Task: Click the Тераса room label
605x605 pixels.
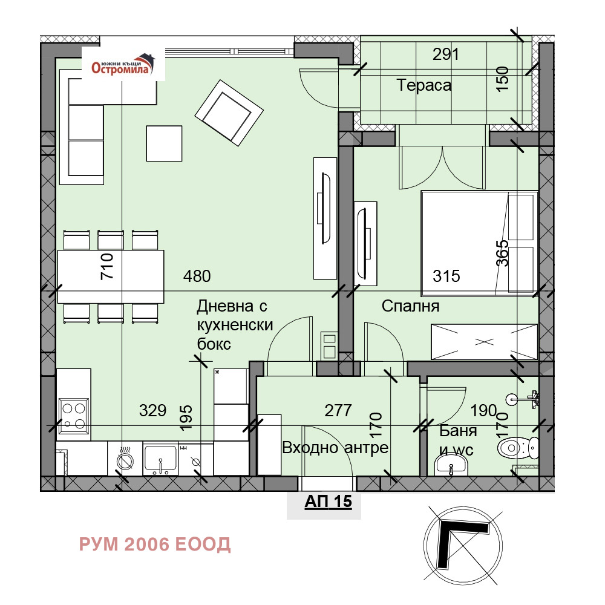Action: pyautogui.click(x=423, y=85)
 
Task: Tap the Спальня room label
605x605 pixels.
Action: pyautogui.click(x=411, y=306)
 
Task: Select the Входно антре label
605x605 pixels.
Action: pyautogui.click(x=335, y=448)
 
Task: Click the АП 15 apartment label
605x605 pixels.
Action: pyautogui.click(x=329, y=501)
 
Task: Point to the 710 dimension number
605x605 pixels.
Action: pyautogui.click(x=107, y=266)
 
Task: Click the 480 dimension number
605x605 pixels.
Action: pyautogui.click(x=197, y=276)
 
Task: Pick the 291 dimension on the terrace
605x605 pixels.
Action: pyautogui.click(x=446, y=54)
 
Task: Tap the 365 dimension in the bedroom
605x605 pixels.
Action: pyautogui.click(x=502, y=253)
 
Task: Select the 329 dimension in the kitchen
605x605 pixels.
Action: pyautogui.click(x=153, y=411)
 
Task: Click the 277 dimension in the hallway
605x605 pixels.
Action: pyautogui.click(x=338, y=411)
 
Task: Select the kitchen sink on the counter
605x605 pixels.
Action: pyautogui.click(x=160, y=460)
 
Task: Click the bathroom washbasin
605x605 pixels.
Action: pyautogui.click(x=451, y=465)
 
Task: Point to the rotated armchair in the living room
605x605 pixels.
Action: pyautogui.click(x=229, y=113)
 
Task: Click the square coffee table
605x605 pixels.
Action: pyautogui.click(x=164, y=143)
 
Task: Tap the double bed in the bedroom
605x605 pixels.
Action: pyautogui.click(x=480, y=243)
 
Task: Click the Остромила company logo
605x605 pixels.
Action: pyautogui.click(x=123, y=65)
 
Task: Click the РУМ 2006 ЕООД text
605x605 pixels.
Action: pyautogui.click(x=155, y=544)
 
